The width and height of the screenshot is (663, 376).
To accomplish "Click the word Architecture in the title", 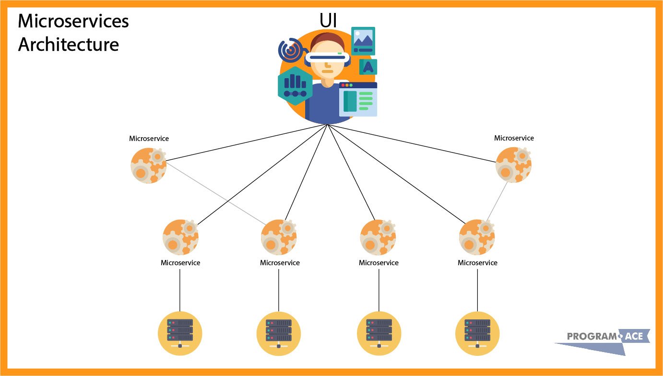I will pyautogui.click(x=69, y=44).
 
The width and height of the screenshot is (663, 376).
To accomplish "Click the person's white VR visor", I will pyautogui.click(x=327, y=57).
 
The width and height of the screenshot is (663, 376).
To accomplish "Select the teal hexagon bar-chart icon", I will pyautogui.click(x=295, y=85).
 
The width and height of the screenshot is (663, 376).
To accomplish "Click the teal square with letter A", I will pyautogui.click(x=368, y=67).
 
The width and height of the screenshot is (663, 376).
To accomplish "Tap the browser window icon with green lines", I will pyautogui.click(x=358, y=100).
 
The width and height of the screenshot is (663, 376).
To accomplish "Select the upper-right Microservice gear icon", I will pyautogui.click(x=513, y=164).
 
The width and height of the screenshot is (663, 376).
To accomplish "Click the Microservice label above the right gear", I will pyautogui.click(x=514, y=138).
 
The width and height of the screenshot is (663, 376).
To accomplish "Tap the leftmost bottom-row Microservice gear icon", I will pyautogui.click(x=180, y=237).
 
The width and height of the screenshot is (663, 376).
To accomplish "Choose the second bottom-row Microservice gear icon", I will pyautogui.click(x=279, y=237).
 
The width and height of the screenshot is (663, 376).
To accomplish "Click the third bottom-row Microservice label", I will pyautogui.click(x=379, y=263).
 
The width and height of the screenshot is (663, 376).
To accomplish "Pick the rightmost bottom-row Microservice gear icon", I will pyautogui.click(x=477, y=237).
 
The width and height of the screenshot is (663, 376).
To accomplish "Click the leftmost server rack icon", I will pyautogui.click(x=180, y=332).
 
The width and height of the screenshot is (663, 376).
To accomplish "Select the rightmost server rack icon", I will pyautogui.click(x=477, y=332).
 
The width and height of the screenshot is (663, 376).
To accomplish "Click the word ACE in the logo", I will pyautogui.click(x=634, y=337).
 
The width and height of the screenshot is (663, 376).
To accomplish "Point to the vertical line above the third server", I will pyautogui.click(x=379, y=290).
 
